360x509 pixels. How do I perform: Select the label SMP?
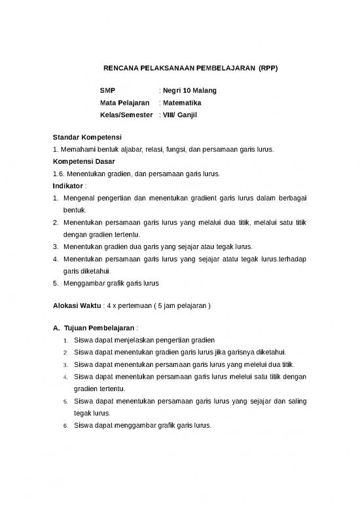107,90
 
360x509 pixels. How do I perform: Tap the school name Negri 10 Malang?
189,90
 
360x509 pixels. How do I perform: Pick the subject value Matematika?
182,102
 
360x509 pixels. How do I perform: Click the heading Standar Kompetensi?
84,137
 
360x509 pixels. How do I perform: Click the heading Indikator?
67,185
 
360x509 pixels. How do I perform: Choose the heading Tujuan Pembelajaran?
99,328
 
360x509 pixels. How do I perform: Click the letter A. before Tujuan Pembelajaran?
56,328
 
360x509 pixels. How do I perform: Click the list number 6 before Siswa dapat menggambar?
66,425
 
